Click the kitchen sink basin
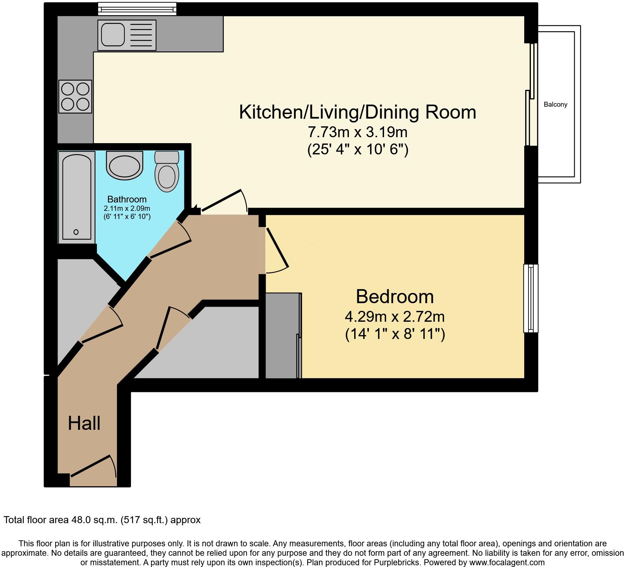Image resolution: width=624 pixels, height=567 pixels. [113, 34]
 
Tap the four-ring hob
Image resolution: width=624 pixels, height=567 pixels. [75, 96]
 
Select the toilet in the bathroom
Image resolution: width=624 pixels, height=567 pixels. [167, 172]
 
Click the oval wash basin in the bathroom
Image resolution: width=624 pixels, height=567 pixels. [124, 166]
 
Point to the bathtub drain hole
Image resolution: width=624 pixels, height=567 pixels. [76, 232]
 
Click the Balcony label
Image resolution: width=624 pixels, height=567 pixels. [555, 104]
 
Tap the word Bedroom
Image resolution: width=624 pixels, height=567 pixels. [395, 297]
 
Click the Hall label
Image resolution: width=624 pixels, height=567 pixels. [84, 423]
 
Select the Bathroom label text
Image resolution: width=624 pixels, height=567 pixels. [127, 199]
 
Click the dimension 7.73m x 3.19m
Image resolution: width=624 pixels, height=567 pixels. [358, 132]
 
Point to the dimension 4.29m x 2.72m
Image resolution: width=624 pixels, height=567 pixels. [395, 317]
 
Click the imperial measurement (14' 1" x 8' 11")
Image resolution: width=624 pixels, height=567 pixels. [395, 334]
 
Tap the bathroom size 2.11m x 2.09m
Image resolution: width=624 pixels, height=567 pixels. [127, 209]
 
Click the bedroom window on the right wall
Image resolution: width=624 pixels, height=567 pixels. [531, 298]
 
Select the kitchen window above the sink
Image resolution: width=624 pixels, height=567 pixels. [137, 8]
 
